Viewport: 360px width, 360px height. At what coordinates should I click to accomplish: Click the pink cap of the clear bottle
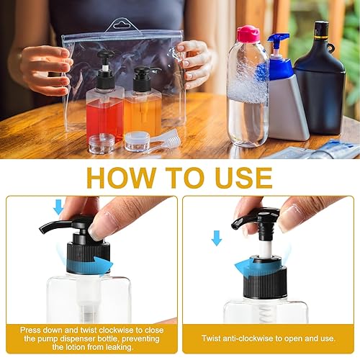[x=247, y=33]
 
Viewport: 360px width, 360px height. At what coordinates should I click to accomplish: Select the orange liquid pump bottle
[x=143, y=108]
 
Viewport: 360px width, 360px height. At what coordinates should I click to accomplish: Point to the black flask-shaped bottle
[x=320, y=86]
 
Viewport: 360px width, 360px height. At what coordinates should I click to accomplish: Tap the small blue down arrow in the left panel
[x=59, y=207]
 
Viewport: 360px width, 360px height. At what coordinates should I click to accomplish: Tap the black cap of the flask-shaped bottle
[x=320, y=30]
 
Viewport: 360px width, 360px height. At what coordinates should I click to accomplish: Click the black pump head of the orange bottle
[x=145, y=75]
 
